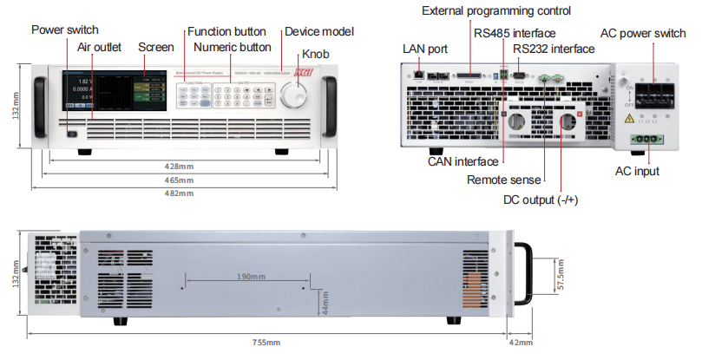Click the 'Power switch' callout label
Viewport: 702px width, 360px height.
click(x=65, y=29)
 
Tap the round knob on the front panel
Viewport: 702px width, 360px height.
click(x=297, y=98)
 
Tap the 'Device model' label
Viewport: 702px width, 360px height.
click(x=319, y=31)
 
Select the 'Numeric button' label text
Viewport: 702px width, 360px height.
click(x=232, y=46)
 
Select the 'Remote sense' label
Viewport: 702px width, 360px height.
click(x=503, y=180)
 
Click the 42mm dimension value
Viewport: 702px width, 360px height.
click(x=521, y=344)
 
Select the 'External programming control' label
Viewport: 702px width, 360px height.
click(x=495, y=11)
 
